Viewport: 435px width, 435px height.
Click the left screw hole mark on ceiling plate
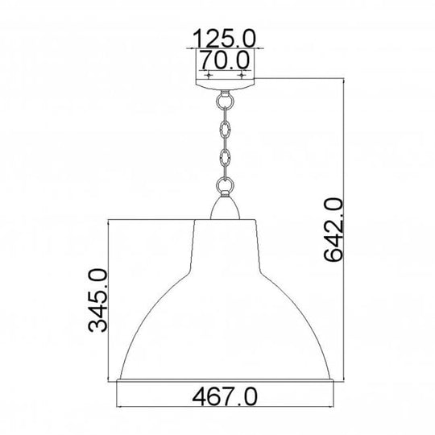point(209,73)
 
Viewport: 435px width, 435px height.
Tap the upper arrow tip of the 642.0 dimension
point(347,81)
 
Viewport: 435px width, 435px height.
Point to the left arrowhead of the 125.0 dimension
point(194,49)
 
